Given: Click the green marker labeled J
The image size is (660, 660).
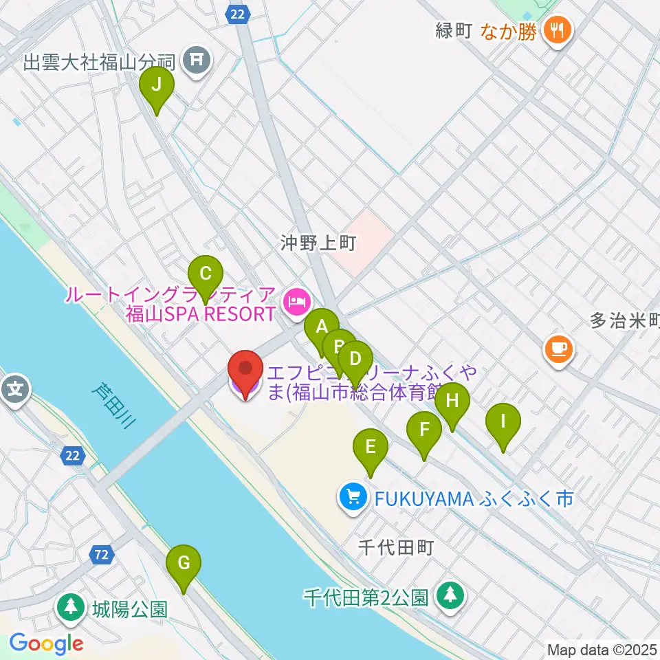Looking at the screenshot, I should pyautogui.click(x=157, y=86).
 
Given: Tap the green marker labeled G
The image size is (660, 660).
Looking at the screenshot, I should pyautogui.click(x=184, y=564).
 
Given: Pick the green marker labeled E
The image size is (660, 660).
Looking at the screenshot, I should pyautogui.click(x=371, y=448).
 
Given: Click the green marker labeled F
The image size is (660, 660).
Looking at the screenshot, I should pyautogui.click(x=424, y=431).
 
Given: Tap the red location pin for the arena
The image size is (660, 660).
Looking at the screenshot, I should pyautogui.click(x=245, y=371).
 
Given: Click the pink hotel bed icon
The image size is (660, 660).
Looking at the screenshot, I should pyautogui.click(x=297, y=301).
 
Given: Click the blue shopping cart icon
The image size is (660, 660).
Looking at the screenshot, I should pyautogui.click(x=353, y=495).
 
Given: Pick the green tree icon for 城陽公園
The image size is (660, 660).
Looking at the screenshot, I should pyautogui.click(x=71, y=607).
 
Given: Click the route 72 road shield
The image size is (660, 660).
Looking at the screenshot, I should pyautogui.click(x=102, y=554).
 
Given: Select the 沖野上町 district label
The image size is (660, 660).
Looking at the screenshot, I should pyautogui.click(x=317, y=243).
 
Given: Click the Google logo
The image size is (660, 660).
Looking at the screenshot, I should pyautogui.click(x=46, y=643).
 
